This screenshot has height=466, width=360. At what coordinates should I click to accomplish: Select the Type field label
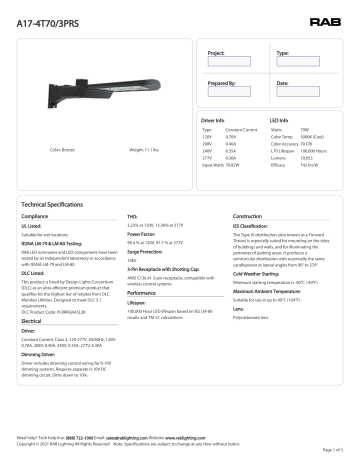[283, 50]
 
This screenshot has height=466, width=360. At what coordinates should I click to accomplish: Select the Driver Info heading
[220, 119]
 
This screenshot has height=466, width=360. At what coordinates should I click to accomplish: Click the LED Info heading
[280, 119]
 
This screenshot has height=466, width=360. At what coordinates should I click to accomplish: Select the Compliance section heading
[35, 216]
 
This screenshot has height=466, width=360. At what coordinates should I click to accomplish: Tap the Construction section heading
[247, 216]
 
